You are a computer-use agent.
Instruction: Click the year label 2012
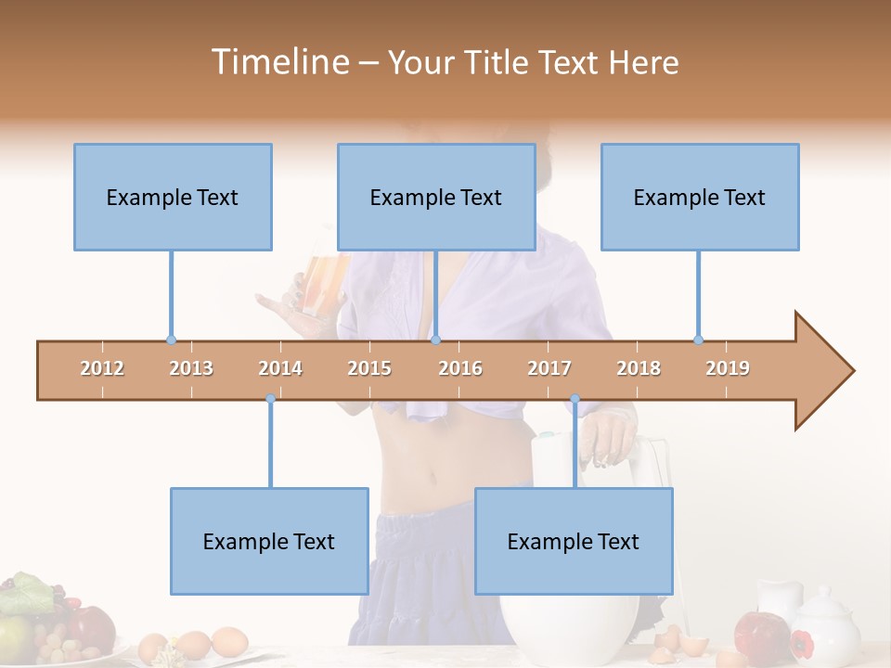pos(102,368)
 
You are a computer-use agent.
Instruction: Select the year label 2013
pos(191,368)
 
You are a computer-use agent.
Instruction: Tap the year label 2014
pos(280,368)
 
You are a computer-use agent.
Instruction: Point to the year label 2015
pos(369,368)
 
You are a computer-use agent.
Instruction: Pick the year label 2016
pos(460,368)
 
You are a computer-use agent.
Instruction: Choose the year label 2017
pos(549,368)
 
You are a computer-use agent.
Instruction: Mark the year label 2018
pos(639,368)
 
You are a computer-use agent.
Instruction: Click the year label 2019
pos(728,368)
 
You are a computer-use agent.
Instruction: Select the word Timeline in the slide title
pos(278,62)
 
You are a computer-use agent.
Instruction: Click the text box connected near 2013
pos(173,197)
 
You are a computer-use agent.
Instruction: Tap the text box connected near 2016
pos(436,197)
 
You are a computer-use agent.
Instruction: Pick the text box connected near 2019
pos(700,197)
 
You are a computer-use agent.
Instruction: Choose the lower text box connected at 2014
pos(269,541)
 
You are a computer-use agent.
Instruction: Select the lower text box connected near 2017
pos(574,541)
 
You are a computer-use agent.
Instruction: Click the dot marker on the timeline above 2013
pos(171,340)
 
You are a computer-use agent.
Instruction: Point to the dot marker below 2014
pos(270,399)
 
